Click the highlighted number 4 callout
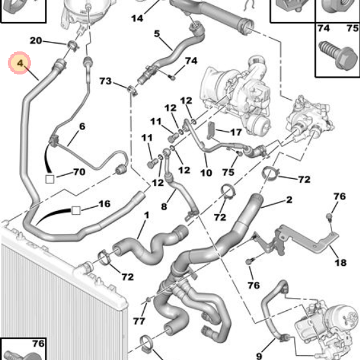[x=20, y=64]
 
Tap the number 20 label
[x=36, y=41]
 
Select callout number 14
[x=137, y=18]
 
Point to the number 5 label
[x=157, y=34]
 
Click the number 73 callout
[x=105, y=81]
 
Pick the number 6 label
[x=82, y=126]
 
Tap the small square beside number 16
[x=76, y=210]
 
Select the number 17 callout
[x=236, y=133]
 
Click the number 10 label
[x=206, y=173]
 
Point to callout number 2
[x=289, y=199]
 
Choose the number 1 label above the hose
[x=147, y=216]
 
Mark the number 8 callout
[x=164, y=207]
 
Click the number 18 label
[x=340, y=262]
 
